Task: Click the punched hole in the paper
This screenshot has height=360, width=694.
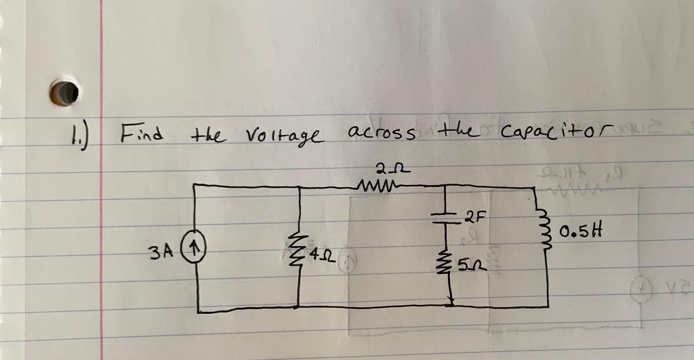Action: [67, 93]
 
